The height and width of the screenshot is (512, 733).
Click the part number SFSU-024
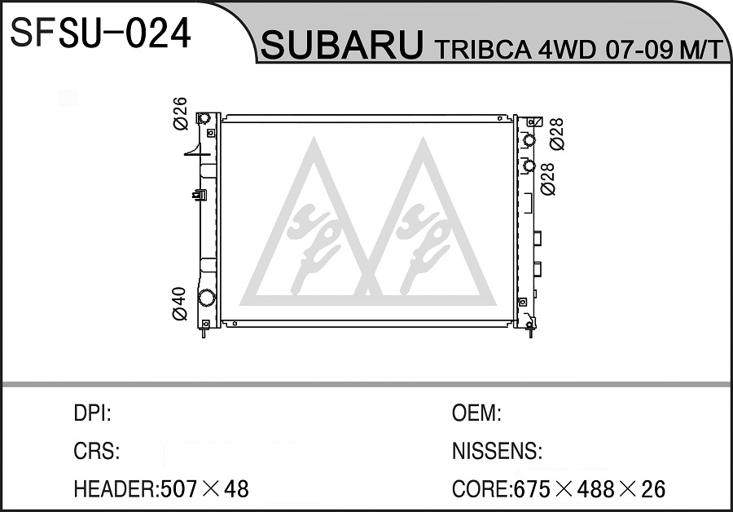pos(100,33)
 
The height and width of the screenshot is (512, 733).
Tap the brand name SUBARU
pos(342,45)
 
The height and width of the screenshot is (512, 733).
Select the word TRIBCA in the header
pos(483,50)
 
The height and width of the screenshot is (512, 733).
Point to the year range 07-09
pos(639,50)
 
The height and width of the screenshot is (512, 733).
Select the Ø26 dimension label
pos(180,113)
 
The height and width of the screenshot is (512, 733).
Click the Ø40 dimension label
pos(180,304)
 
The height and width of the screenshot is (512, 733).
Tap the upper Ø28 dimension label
pos(557,135)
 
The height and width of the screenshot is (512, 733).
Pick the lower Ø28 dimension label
pos(547,179)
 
